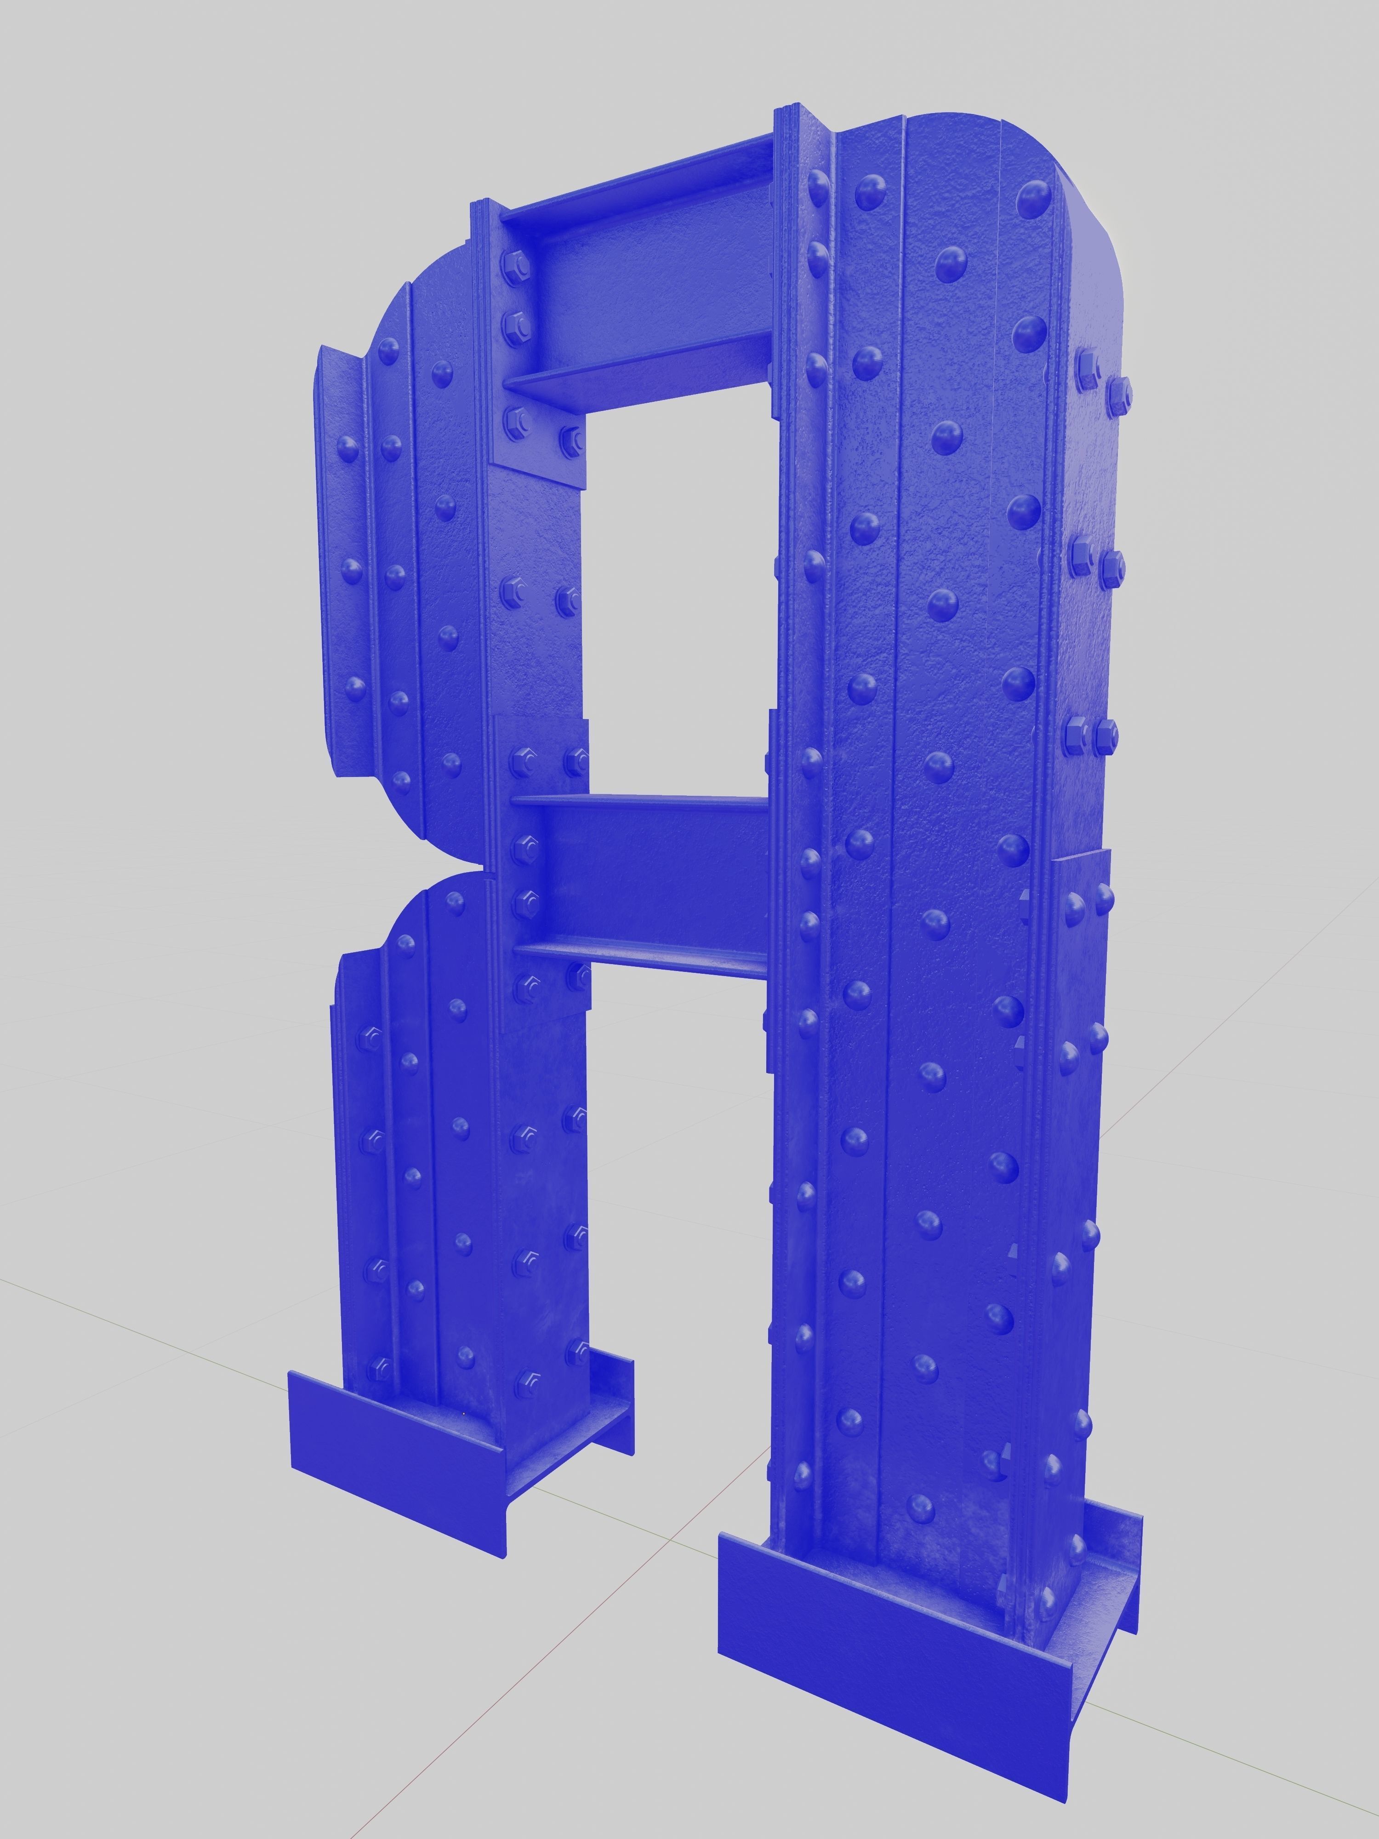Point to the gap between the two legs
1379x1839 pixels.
[678, 1247]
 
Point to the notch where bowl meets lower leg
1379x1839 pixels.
[449, 873]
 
